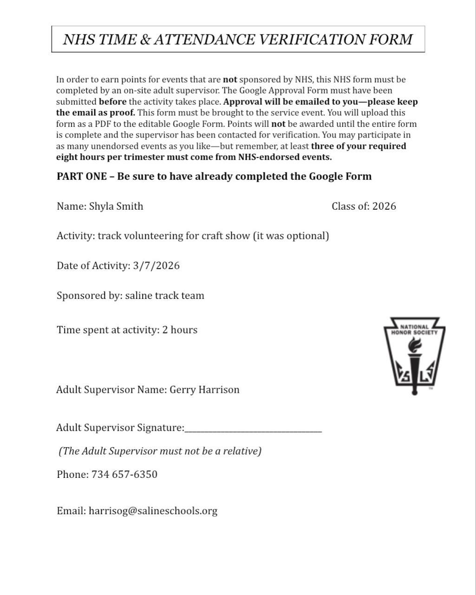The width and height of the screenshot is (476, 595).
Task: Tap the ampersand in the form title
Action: [x=145, y=40]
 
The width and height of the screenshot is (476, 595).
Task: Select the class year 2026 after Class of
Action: [x=384, y=206]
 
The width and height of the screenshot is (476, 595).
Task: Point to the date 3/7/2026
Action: [x=156, y=266]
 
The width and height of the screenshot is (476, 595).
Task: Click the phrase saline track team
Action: [x=164, y=296]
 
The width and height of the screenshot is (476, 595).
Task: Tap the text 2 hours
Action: [x=180, y=330]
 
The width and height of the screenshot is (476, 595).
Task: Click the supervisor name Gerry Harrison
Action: [x=204, y=390]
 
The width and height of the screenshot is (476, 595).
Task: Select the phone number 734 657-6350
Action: [x=124, y=475]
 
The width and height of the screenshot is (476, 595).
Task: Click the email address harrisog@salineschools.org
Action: [x=153, y=511]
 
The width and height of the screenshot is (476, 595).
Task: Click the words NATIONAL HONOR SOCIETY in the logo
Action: [x=414, y=330]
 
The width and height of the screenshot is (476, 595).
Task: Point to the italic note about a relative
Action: [x=160, y=451]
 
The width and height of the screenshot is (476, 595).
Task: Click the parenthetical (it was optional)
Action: [x=291, y=236]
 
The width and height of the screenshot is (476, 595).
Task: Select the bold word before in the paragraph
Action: [x=112, y=102]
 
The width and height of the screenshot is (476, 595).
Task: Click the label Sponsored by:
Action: [x=89, y=296]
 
